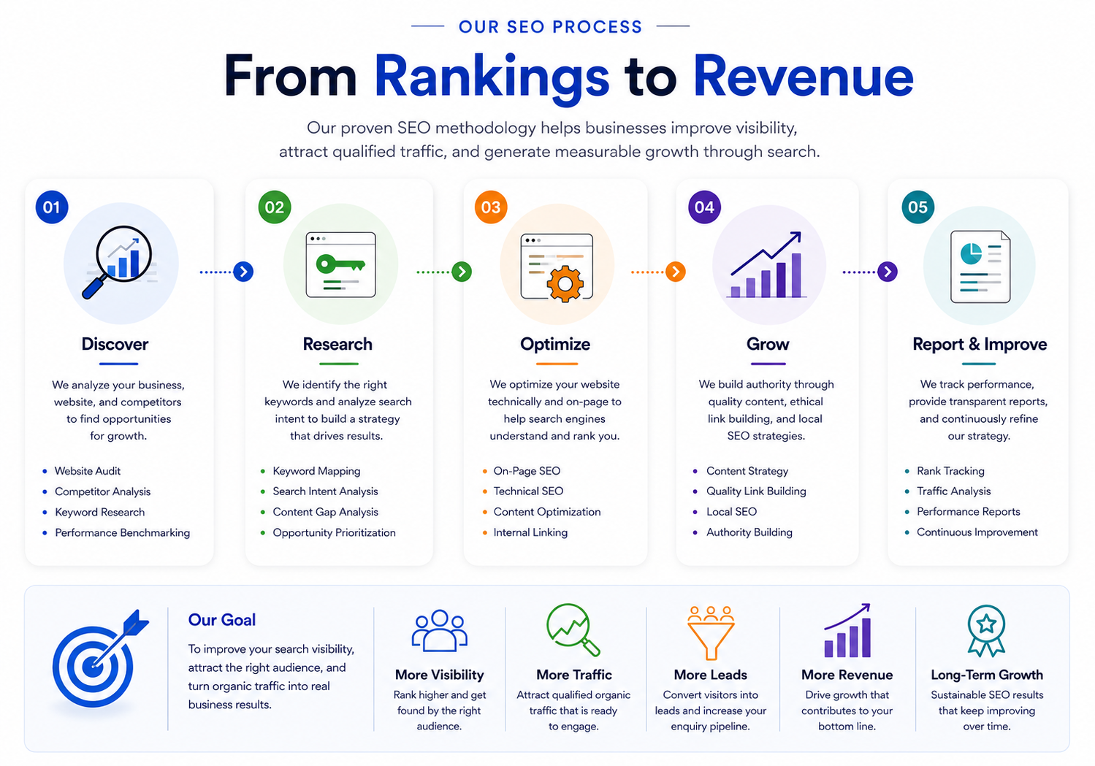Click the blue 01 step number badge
click(52, 207)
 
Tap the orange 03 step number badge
click(491, 207)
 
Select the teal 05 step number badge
click(918, 207)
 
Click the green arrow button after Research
click(462, 272)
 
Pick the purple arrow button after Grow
click(888, 272)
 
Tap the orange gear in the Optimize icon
click(565, 283)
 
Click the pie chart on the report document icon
click(970, 253)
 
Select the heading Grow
click(768, 345)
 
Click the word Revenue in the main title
click(803, 77)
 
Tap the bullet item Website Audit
click(87, 471)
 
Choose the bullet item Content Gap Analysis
click(325, 512)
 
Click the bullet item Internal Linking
click(530, 532)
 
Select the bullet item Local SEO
click(731, 512)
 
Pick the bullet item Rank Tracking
click(950, 471)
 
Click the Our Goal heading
click(222, 620)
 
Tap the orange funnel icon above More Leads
click(710, 632)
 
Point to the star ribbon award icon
click(986, 631)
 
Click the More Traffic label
click(574, 675)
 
